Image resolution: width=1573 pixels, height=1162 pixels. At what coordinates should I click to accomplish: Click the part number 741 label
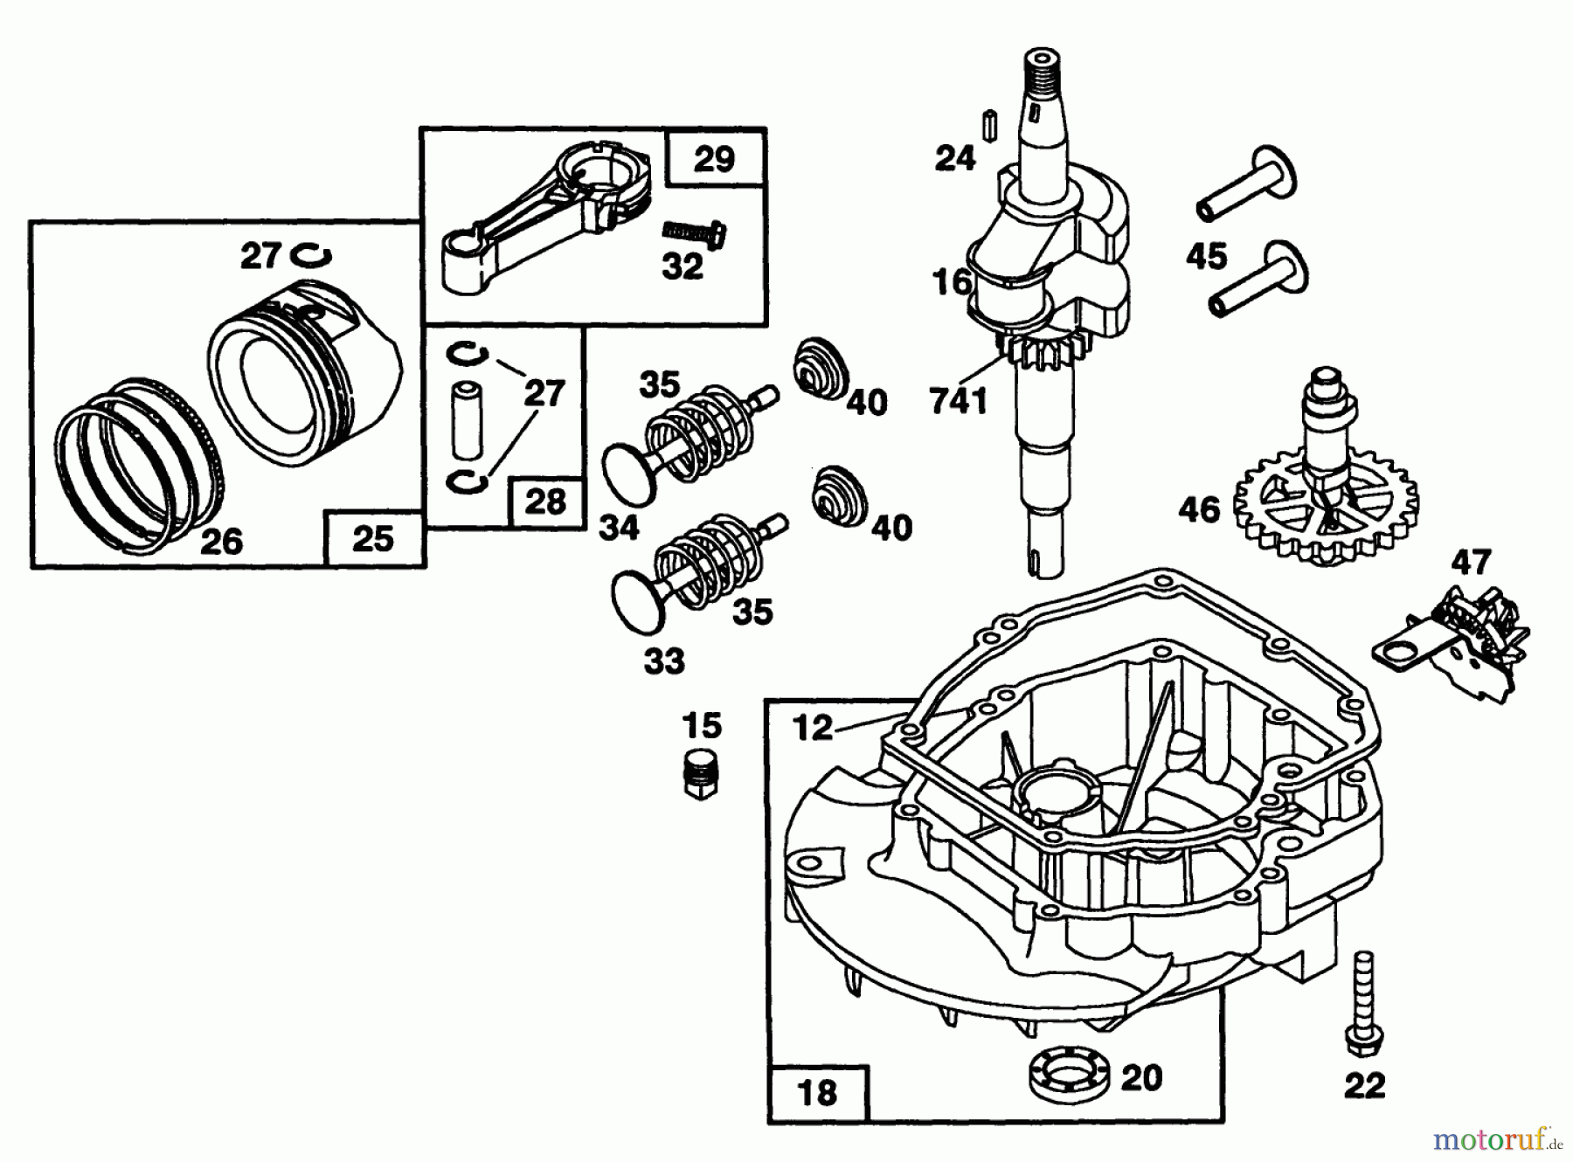[x=959, y=401]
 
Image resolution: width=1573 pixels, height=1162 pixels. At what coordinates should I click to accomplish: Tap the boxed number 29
[x=714, y=160]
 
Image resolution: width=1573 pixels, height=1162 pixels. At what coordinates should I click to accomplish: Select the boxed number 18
[x=817, y=1093]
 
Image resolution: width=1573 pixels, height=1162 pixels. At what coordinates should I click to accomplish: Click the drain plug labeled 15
[x=701, y=771]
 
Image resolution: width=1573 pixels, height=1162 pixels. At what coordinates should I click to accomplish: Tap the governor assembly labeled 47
[x=1455, y=642]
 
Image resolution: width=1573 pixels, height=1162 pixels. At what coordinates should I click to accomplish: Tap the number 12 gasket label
[x=813, y=727]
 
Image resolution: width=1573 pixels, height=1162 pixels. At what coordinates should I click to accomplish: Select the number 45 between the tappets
[x=1207, y=257]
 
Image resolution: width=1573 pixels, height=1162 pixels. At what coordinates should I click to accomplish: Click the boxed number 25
[x=373, y=539]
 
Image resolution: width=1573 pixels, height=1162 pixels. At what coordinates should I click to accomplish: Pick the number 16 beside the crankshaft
[x=951, y=282]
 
